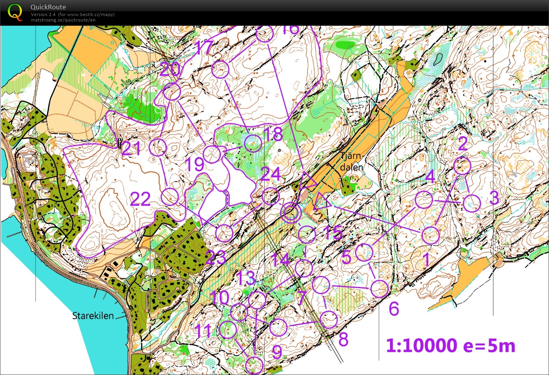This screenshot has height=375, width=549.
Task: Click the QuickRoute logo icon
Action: pos(15,12)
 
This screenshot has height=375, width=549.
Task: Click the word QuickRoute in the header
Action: pos(48,7)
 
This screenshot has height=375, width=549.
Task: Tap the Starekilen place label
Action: pos(93,316)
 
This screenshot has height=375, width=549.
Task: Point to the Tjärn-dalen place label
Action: pos(351,161)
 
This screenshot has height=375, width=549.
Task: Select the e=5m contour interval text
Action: pos(489,346)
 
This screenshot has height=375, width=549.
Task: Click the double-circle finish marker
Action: pos(291,213)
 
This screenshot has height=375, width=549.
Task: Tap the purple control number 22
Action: pos(140,199)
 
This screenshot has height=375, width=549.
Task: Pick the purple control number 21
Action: pos(131,149)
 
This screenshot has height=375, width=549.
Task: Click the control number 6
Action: pos(394,308)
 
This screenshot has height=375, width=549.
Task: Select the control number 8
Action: pos(343,339)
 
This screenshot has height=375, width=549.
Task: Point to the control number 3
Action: pos(494,198)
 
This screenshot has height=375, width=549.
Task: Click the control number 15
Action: pos(333,233)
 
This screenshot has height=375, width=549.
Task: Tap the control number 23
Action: pos(216,258)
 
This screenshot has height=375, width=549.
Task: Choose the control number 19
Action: pos(194,164)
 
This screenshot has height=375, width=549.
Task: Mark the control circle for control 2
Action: pos(462,166)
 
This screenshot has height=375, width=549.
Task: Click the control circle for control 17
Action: pos(220,70)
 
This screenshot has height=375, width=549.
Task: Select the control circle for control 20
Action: pos(172,92)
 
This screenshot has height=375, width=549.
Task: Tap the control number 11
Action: pos(204,331)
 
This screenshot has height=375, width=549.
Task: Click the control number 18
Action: pos(274,134)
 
